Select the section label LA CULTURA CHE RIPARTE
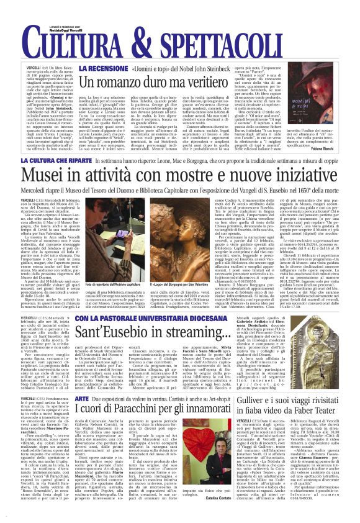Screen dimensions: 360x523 (x=62, y=161)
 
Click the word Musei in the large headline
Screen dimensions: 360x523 (x=52, y=177)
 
